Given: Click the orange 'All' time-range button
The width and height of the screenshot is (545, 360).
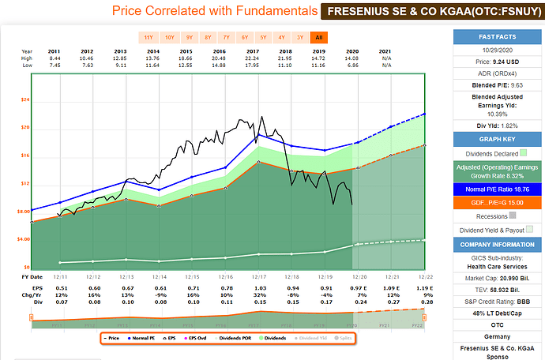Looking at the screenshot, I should (x=319, y=38).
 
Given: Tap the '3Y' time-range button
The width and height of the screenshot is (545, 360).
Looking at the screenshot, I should (x=300, y=38).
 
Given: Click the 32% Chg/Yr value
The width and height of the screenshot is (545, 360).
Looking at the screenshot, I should (x=257, y=294).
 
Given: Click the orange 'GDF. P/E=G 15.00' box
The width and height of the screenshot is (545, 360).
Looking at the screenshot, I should (x=496, y=203).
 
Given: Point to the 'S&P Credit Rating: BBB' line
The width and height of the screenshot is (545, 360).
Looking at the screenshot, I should (x=496, y=301).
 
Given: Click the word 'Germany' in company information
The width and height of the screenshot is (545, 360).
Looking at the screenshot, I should (x=496, y=336).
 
